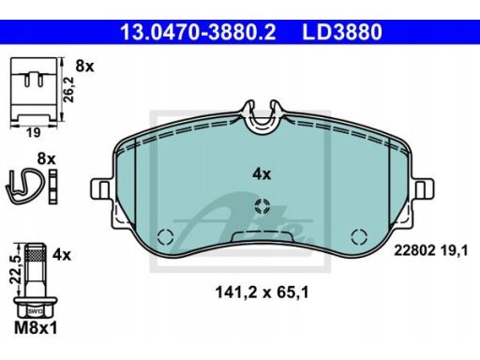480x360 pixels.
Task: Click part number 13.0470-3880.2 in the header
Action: pos(198,32)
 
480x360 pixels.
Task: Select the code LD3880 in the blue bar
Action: pos(342,32)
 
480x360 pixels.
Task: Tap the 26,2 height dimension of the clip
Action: pos(68,90)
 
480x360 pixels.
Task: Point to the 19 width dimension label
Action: pos(33,133)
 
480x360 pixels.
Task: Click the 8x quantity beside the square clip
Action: pos(84,67)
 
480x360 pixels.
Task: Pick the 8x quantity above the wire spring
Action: pos(46,159)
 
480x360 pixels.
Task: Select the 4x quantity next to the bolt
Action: pos(62,255)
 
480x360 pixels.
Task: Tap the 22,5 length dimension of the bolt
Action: pos(15,268)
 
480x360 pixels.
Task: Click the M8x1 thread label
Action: pos(36,328)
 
